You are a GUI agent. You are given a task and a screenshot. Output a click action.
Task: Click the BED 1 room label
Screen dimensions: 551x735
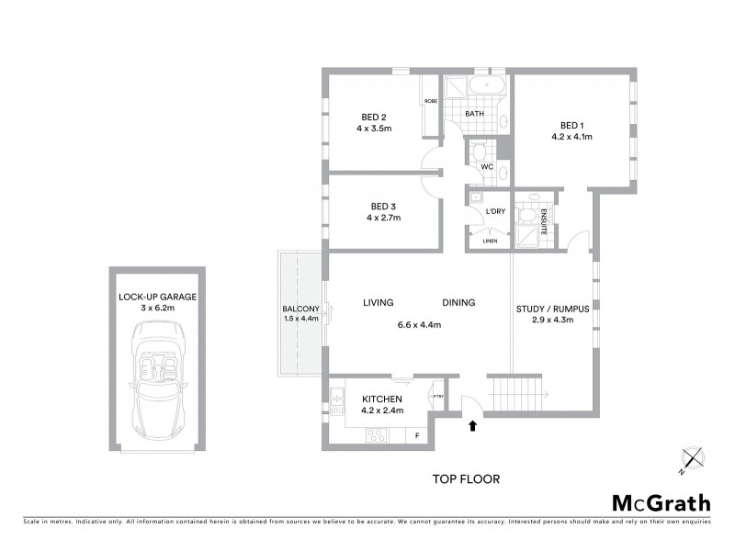pyautogui.click(x=572, y=125)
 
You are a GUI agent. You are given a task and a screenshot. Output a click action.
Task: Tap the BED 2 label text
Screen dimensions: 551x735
pyautogui.click(x=373, y=117)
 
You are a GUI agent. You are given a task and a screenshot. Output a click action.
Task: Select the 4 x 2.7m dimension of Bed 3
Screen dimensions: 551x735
pyautogui.click(x=383, y=219)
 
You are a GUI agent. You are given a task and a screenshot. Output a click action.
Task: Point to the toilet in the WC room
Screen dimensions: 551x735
pyautogui.click(x=478, y=152)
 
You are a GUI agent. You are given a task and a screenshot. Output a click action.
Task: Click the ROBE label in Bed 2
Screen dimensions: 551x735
pyautogui.click(x=430, y=101)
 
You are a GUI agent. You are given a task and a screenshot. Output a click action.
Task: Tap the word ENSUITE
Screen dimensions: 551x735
pyautogui.click(x=543, y=223)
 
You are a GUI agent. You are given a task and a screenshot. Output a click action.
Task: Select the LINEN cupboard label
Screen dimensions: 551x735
pyautogui.click(x=490, y=241)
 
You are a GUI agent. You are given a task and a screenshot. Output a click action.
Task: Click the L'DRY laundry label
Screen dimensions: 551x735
pyautogui.click(x=495, y=212)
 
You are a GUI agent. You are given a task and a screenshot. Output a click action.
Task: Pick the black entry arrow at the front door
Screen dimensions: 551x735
pyautogui.click(x=473, y=425)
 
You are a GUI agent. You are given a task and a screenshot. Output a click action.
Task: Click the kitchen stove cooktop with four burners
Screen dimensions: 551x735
pyautogui.click(x=377, y=436)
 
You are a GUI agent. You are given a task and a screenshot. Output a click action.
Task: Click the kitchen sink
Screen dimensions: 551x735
pyautogui.click(x=336, y=399)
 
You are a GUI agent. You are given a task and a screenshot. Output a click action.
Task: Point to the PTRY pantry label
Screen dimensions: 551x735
pyautogui.click(x=438, y=397)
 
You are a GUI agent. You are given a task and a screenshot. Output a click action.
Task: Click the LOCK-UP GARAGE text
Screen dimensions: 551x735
pyautogui.click(x=157, y=297)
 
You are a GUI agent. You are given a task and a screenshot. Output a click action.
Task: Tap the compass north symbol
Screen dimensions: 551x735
pyautogui.click(x=691, y=459)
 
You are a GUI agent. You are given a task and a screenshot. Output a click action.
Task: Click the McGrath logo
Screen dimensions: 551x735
pyautogui.click(x=661, y=502)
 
